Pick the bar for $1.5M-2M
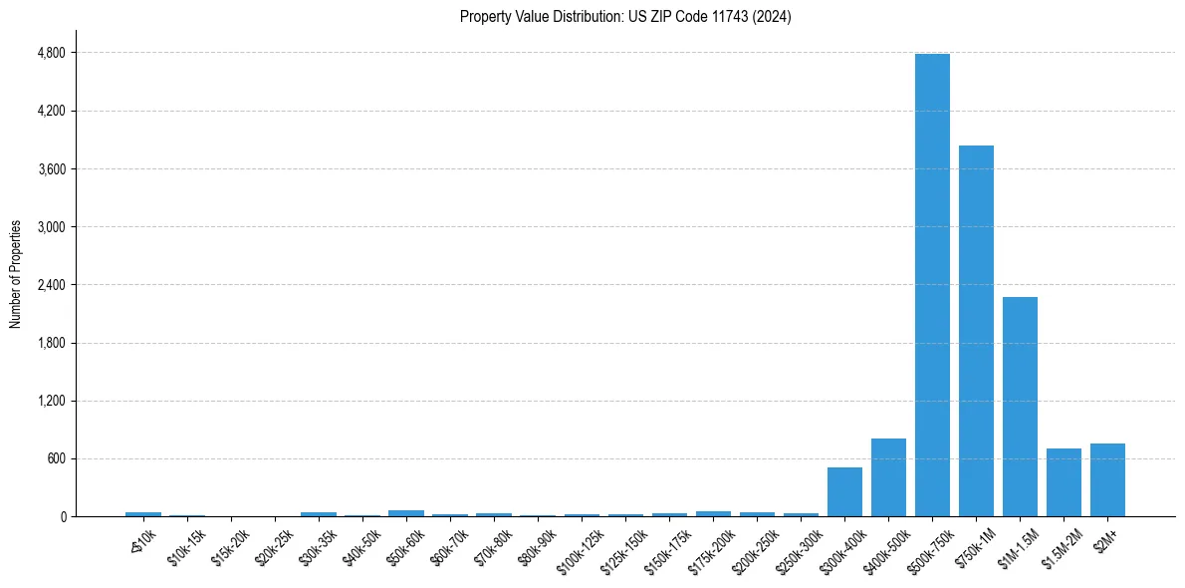coord(1064,482)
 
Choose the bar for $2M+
coord(1107,480)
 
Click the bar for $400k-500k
coord(888,477)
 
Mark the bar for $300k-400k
coord(844,492)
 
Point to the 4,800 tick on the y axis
coord(51,53)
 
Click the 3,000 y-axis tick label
coord(51,227)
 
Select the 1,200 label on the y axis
coord(51,402)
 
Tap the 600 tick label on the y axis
coord(56,459)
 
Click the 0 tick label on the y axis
coord(63,517)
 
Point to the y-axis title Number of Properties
coord(16,274)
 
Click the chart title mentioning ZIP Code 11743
coord(625,17)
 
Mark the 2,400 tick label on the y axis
coord(51,285)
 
